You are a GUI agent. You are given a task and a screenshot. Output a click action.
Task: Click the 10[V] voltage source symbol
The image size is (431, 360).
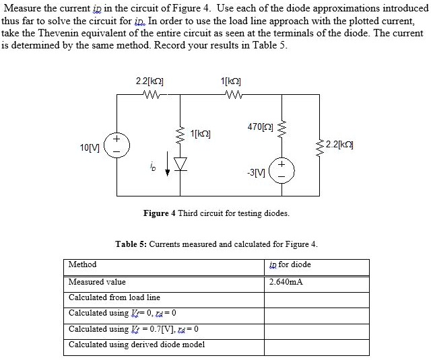(117, 145)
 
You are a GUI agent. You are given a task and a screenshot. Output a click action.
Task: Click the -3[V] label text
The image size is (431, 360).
(259, 172)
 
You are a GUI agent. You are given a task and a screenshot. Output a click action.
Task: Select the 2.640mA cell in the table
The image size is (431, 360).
(286, 282)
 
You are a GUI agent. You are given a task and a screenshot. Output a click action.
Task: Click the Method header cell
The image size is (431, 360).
(83, 264)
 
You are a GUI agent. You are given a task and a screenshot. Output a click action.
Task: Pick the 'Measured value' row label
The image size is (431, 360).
(97, 282)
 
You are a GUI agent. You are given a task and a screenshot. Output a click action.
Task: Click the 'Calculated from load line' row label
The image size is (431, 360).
(114, 297)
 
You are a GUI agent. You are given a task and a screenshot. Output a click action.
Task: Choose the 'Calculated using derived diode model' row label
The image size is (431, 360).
(137, 345)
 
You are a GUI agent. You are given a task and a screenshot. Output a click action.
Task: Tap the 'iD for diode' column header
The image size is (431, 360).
(290, 264)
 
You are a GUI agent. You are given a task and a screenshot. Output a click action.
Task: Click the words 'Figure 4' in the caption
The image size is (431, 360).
(160, 213)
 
